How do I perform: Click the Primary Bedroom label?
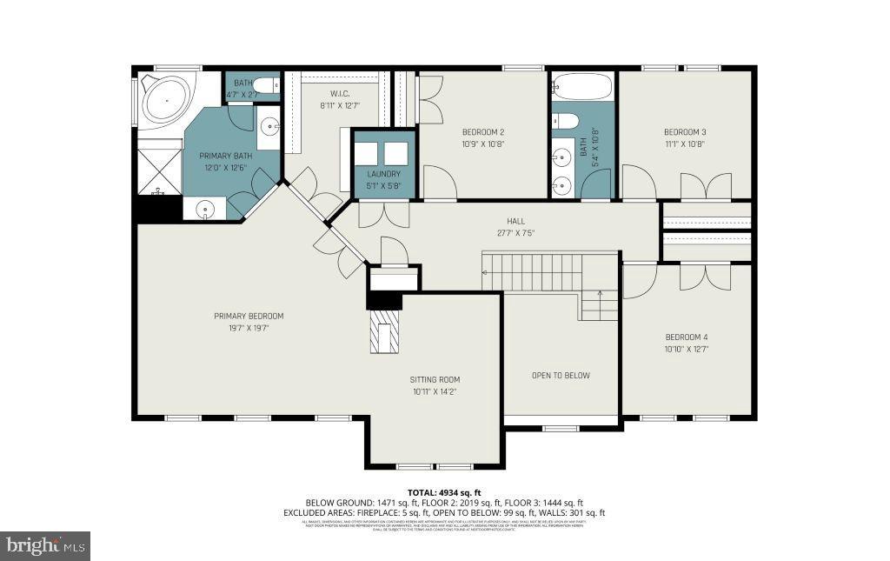click(x=249, y=316)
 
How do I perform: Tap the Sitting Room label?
click(x=435, y=379)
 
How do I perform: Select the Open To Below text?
click(x=561, y=376)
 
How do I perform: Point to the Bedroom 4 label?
click(x=687, y=337)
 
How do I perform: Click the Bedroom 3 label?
click(x=684, y=131)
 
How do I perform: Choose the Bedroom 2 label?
click(x=482, y=131)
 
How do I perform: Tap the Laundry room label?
click(x=384, y=173)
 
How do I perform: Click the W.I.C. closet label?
click(x=339, y=93)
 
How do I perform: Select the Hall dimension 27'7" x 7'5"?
click(x=516, y=233)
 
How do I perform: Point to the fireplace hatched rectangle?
click(x=383, y=334)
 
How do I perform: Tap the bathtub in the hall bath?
click(x=582, y=86)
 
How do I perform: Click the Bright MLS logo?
click(x=45, y=546)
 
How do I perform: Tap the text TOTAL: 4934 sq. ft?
click(x=444, y=492)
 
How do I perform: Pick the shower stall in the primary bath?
click(x=157, y=171)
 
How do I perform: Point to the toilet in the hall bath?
click(x=566, y=121)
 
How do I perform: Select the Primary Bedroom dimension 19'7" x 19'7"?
click(x=249, y=328)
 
